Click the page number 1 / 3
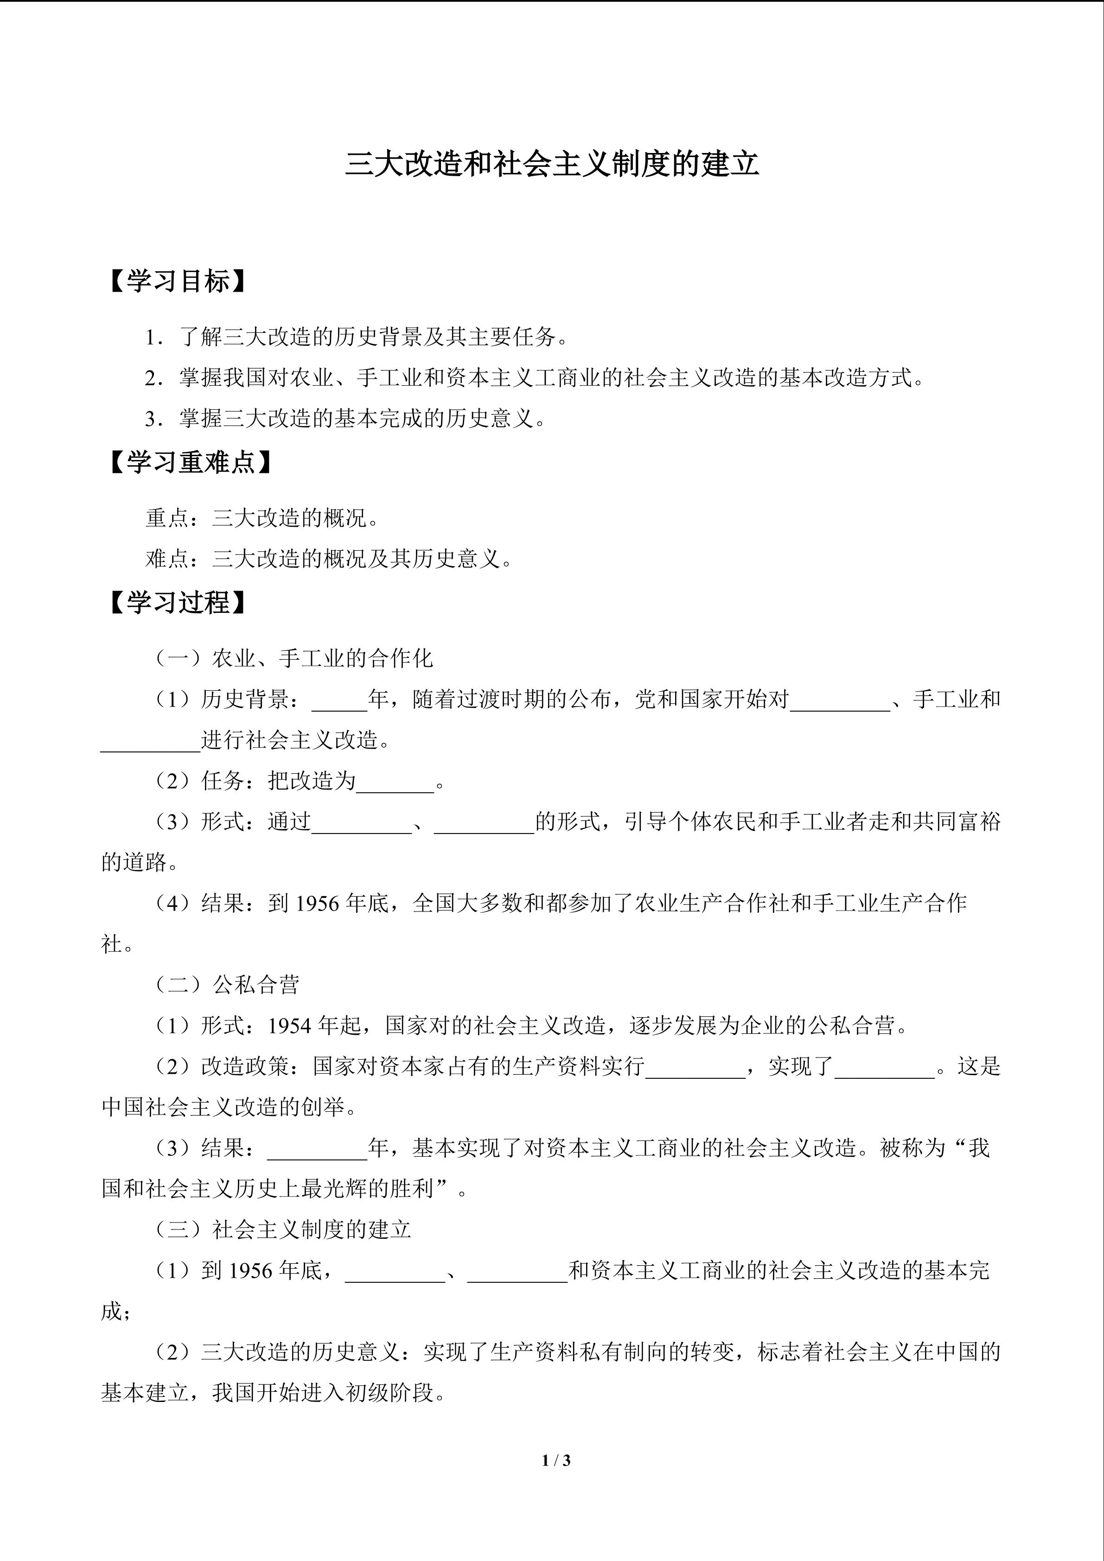(x=556, y=1459)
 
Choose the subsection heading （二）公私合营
(x=226, y=984)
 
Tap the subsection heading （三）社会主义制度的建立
(x=282, y=1230)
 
